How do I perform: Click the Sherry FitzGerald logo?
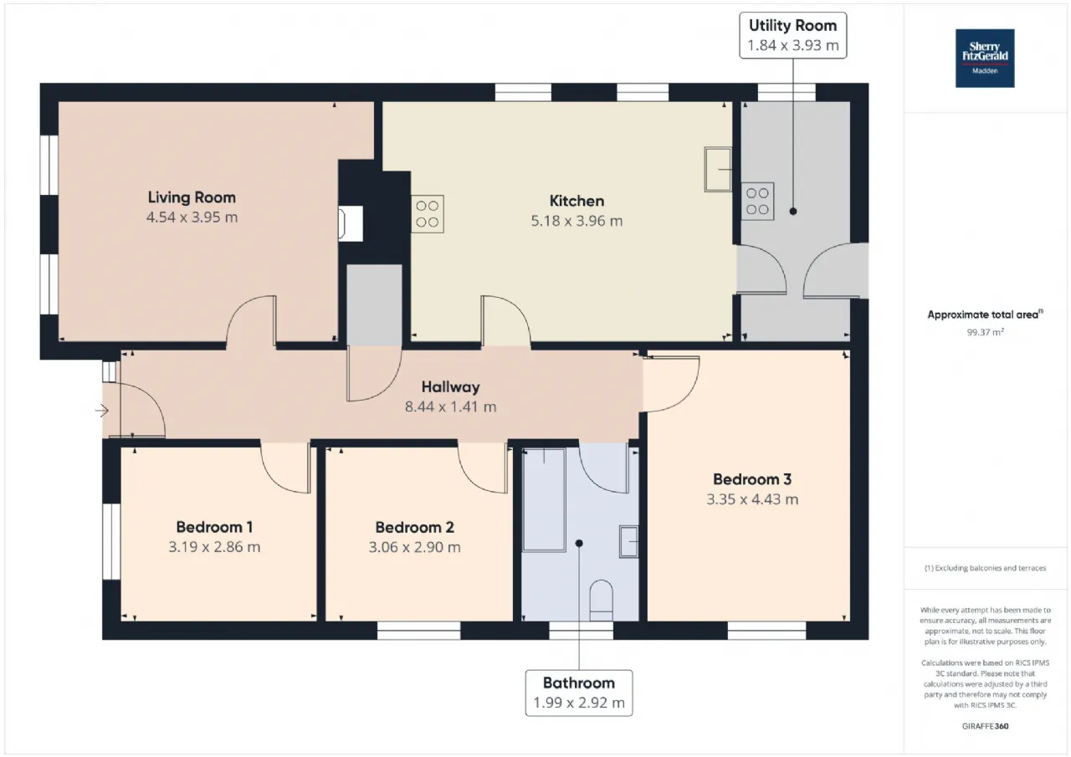pos(985,59)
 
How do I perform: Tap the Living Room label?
pos(192,197)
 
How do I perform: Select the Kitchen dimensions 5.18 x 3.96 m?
pos(576,221)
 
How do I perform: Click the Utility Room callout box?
pos(792,35)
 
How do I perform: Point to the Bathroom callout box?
pos(578,693)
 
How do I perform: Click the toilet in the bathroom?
pos(601,601)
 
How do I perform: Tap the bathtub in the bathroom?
pos(544,500)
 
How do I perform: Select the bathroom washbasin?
pos(628,541)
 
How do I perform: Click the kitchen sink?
pos(718,169)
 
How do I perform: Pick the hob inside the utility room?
pos(757,202)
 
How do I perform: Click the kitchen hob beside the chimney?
pos(427,213)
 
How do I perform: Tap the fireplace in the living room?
pos(351,223)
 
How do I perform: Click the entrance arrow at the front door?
pos(102,411)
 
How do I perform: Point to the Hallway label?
pos(450,386)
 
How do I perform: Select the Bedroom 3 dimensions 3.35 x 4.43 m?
pos(752,499)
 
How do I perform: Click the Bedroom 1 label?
pos(214,527)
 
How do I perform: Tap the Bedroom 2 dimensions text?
pos(414,547)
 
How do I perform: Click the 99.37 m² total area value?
pos(985,332)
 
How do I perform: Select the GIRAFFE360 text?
pos(985,726)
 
